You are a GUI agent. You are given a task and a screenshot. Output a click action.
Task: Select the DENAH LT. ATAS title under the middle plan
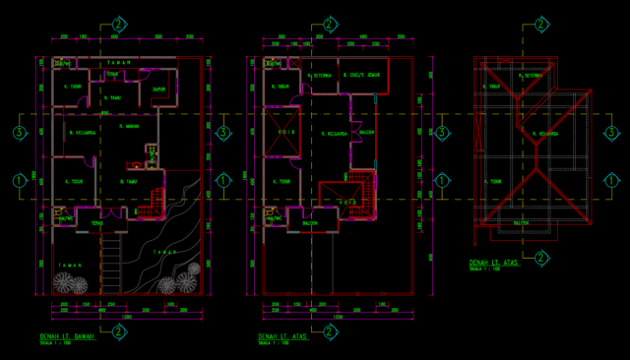coord(284,337)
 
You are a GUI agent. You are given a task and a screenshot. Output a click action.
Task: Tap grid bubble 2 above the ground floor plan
coord(118,23)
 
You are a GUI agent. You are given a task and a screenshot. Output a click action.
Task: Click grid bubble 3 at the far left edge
coord(18,132)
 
